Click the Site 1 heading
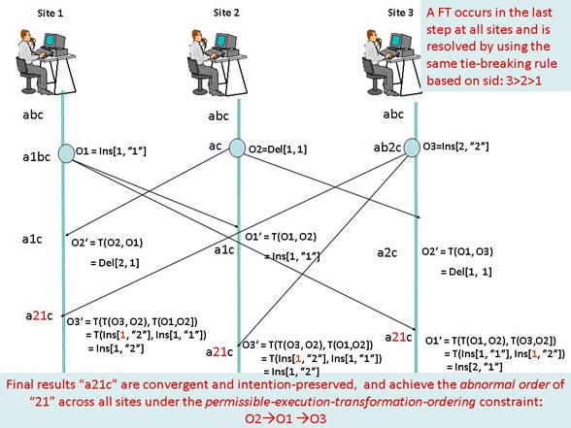[50, 14]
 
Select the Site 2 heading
[226, 13]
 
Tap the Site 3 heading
[400, 13]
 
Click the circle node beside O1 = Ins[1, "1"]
[67, 153]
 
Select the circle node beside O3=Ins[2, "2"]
[412, 148]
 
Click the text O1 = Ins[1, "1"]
[111, 150]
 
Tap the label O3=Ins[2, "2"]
[455, 147]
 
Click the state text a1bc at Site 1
[37, 157]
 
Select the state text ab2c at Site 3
[387, 148]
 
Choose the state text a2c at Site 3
[387, 252]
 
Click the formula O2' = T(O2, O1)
[107, 243]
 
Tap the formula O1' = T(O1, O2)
[281, 237]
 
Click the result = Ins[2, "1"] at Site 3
[475, 367]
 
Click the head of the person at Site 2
[197, 36]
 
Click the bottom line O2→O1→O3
[285, 418]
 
